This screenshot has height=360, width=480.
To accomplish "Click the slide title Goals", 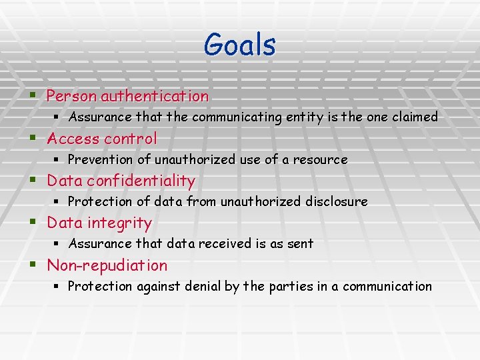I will (239, 45).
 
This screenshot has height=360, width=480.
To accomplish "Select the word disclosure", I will (336, 201).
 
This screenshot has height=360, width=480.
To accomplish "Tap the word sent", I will (300, 244).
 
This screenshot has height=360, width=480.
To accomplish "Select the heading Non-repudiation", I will (107, 265).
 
